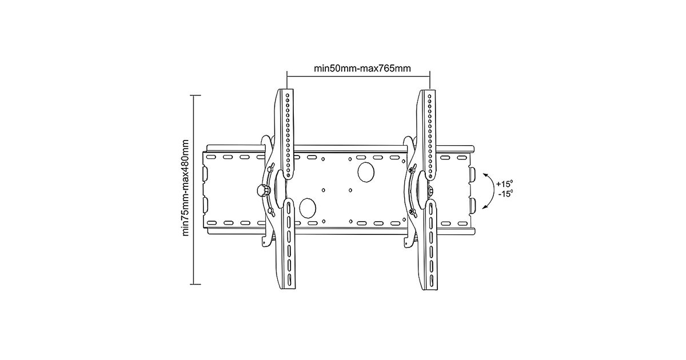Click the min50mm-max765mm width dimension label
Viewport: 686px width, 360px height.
pyautogui.click(x=362, y=68)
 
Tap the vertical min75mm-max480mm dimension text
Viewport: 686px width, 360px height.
pyautogui.click(x=186, y=188)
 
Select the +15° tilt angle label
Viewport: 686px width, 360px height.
pyautogui.click(x=504, y=183)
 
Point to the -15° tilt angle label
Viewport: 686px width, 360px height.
pyautogui.click(x=505, y=194)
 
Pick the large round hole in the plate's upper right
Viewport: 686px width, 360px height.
pyautogui.click(x=366, y=172)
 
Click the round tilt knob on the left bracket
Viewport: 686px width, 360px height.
pyautogui.click(x=262, y=191)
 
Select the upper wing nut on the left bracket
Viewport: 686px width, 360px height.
pyautogui.click(x=271, y=168)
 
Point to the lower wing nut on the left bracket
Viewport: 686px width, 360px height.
pyautogui.click(x=270, y=211)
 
